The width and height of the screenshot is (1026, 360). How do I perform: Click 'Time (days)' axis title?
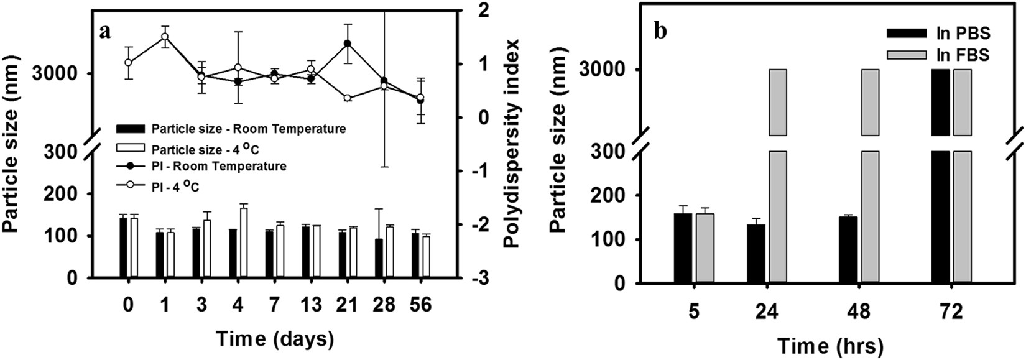[x=274, y=339]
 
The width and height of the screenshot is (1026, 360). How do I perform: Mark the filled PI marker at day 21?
[x=347, y=44]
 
